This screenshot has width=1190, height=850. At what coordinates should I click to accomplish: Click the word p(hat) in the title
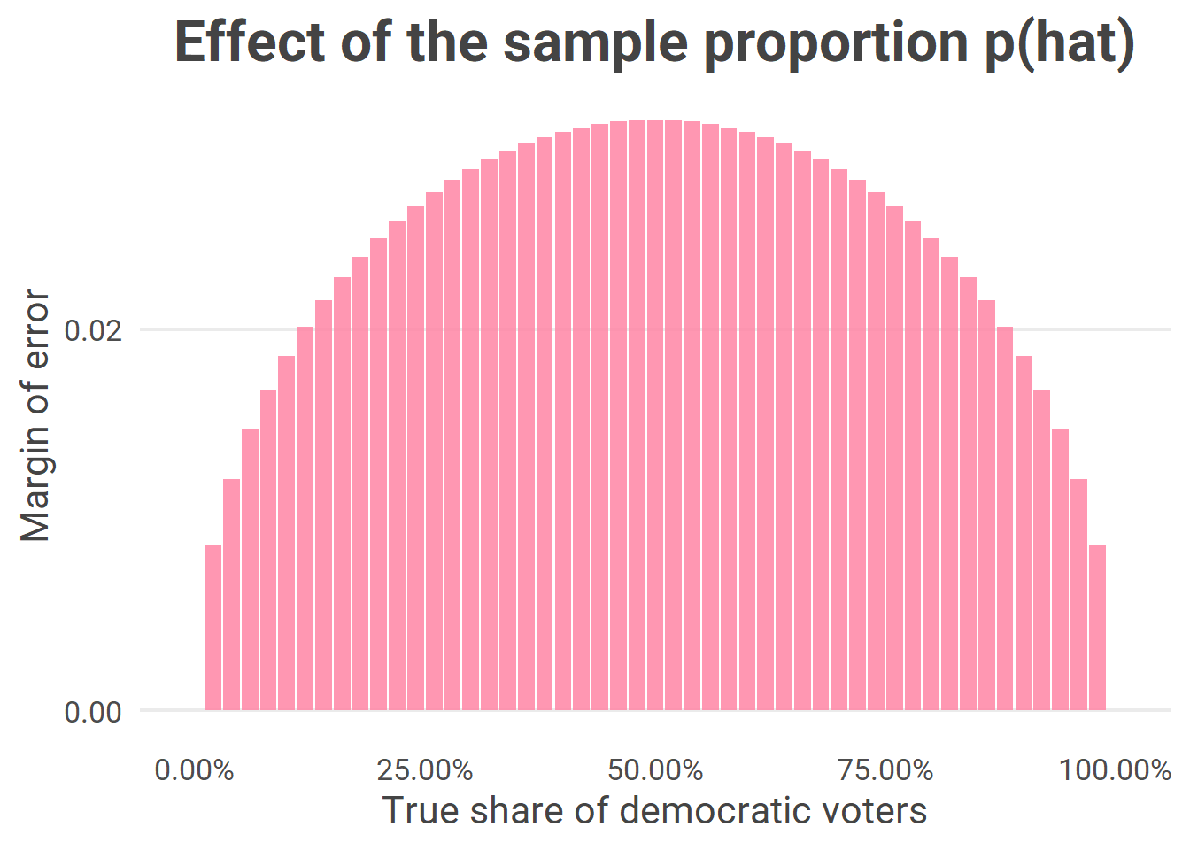pos(1060,43)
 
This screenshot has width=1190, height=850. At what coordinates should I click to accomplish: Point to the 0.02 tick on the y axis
pos(93,330)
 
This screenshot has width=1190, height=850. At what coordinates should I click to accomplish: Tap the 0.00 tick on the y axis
pos(93,712)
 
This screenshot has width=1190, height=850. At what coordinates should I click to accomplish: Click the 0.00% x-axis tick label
pos(195,770)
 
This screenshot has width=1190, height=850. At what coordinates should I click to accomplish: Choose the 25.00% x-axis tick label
pos(425,770)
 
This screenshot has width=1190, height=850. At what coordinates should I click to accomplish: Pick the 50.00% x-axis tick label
pos(655,770)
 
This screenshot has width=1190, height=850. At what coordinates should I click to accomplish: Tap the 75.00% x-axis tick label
pos(885,770)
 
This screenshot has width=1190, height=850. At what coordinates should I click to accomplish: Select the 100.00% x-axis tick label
pos(1116,770)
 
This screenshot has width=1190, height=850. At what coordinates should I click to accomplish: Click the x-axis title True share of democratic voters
pos(654,810)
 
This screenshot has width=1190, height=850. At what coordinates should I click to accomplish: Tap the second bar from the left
pos(231,594)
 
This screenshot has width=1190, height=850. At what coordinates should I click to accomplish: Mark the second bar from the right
pos(1079,594)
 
